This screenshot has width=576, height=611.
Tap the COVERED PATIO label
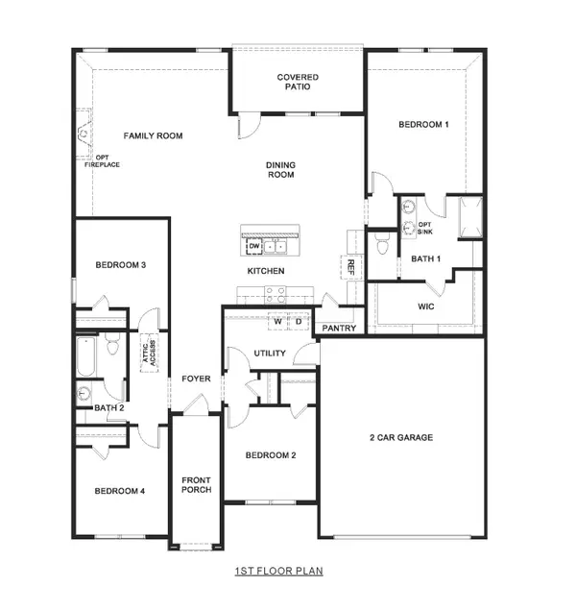tap(298, 82)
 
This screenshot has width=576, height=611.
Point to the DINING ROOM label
tap(280, 170)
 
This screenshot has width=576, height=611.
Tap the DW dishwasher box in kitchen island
tap(254, 247)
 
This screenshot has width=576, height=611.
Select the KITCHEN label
tap(266, 272)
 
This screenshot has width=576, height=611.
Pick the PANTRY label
tap(340, 329)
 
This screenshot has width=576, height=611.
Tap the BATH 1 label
tap(425, 258)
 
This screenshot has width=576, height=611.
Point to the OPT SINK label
tap(425, 228)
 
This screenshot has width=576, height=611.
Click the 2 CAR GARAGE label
tap(400, 437)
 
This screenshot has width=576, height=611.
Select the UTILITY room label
tap(270, 354)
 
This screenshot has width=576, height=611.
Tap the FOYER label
tap(196, 379)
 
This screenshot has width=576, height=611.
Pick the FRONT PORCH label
tap(197, 485)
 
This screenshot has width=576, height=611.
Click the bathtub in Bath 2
tap(84, 357)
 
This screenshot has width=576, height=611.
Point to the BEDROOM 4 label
tap(119, 491)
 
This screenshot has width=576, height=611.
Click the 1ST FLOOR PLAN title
tap(279, 571)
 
